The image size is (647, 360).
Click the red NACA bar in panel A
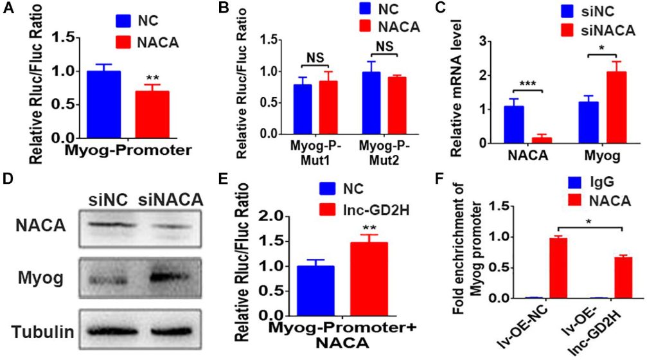pyautogui.click(x=152, y=114)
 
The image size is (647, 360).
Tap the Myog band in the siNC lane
pyautogui.click(x=105, y=280)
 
